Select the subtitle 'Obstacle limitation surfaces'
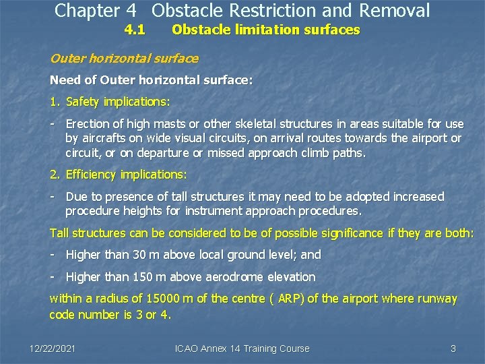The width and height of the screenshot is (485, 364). pos(265,30)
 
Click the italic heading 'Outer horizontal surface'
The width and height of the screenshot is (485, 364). pos(124,59)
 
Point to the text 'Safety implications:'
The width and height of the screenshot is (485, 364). pos(118,102)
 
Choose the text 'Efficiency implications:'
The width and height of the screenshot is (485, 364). pos(126,175)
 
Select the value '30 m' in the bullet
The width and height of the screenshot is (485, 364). pos(139,255)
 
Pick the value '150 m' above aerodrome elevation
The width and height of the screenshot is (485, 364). pos(142,277)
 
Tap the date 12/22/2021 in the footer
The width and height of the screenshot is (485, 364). pos(53,348)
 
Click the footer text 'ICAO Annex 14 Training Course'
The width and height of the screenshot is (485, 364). pos(242,348)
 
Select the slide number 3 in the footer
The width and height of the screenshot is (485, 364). pos(453,348)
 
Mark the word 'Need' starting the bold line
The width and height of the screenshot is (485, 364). pos(64,80)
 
